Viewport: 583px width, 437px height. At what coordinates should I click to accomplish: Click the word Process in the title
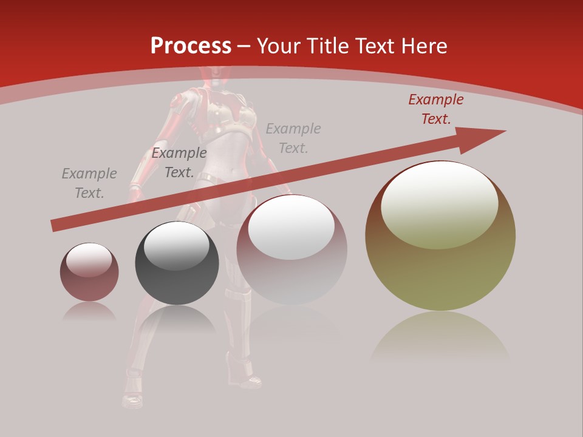pyautogui.click(x=191, y=46)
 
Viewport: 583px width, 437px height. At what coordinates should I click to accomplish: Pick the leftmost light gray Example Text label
pyautogui.click(x=89, y=183)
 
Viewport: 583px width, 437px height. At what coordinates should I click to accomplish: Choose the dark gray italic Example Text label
pyautogui.click(x=179, y=163)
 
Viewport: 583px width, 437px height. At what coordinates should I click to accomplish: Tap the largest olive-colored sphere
pyautogui.click(x=440, y=267)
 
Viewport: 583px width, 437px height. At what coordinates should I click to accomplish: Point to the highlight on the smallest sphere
pyautogui.click(x=89, y=260)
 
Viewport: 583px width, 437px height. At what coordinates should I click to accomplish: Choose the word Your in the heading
pyautogui.click(x=278, y=46)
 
